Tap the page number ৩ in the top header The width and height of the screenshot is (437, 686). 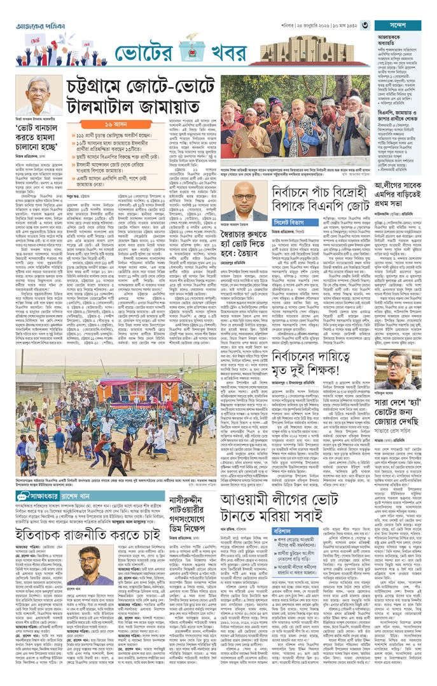click(365, 25)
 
